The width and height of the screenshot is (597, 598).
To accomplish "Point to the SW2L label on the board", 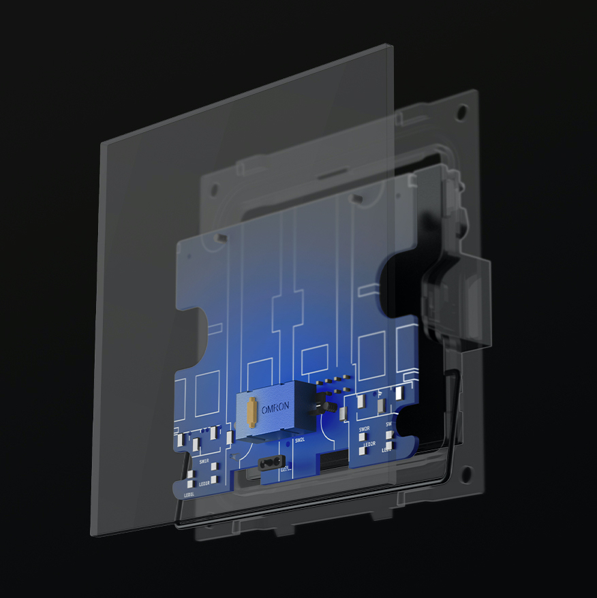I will pos(300,440).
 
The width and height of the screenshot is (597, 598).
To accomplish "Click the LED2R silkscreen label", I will pos(369,444).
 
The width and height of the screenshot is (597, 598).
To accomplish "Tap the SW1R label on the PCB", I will pos(204,461).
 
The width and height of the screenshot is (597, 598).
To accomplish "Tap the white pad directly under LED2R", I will pos(363,452).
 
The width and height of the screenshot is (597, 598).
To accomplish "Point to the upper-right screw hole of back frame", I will pos(462,109).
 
